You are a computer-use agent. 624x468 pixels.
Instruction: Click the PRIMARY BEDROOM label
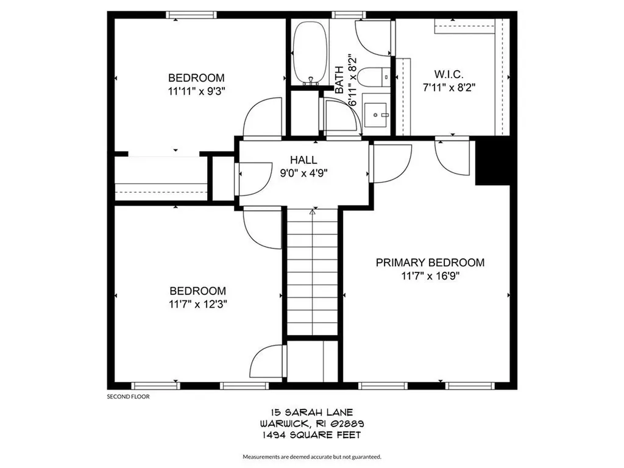tap(430, 263)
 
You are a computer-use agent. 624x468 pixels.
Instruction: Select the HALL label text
tap(303, 160)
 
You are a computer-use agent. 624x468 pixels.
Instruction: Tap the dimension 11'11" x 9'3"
tap(196, 91)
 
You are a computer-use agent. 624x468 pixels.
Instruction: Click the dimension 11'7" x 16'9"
tap(430, 275)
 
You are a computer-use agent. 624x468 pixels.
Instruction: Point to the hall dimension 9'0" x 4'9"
tap(303, 172)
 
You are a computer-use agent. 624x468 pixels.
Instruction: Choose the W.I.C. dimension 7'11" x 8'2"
tap(448, 87)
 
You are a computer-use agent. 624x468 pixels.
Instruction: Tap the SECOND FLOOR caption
tap(128, 396)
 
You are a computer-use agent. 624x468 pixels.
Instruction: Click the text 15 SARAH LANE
tap(312, 413)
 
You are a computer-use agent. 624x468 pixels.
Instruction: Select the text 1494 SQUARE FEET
tap(312, 434)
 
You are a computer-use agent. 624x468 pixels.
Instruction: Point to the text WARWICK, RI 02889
tap(312, 424)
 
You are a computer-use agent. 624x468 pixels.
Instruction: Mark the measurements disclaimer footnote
tap(312, 456)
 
